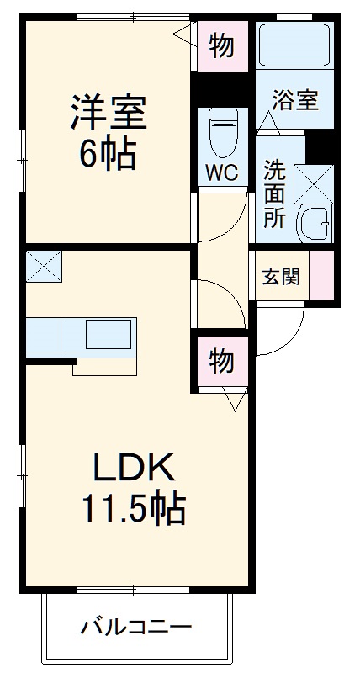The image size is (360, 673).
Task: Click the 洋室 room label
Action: coord(109,114)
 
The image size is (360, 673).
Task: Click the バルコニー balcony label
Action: coord(136,627)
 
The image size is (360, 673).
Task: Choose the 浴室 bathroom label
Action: coord(294,100)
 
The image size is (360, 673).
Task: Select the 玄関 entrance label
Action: coord(279,276)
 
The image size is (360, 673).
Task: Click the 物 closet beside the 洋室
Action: coord(222,46)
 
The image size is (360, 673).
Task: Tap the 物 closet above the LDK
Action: coord(221,362)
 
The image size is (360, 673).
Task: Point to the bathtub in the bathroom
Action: coord(294,47)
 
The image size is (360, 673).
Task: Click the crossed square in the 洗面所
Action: coord(314,183)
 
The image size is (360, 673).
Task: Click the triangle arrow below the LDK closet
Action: coord(234,400)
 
